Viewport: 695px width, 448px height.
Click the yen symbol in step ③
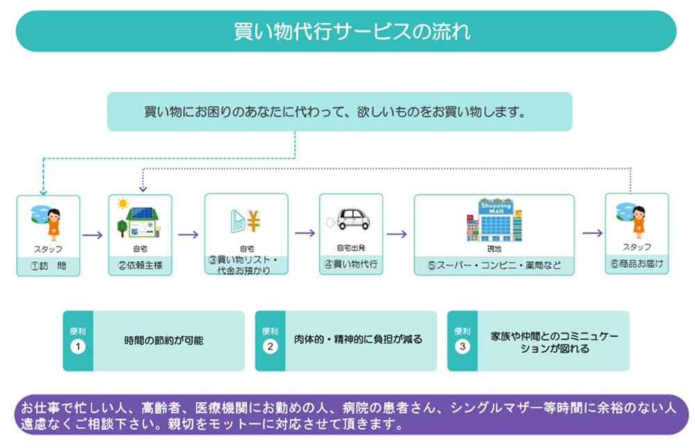(253, 220)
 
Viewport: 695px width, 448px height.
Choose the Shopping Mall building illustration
(494, 220)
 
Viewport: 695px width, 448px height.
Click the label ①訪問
(49, 265)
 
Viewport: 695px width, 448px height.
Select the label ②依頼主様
(140, 265)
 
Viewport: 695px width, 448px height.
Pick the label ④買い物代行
(351, 265)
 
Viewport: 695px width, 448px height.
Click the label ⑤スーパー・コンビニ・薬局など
(494, 265)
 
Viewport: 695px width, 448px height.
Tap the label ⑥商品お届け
(637, 264)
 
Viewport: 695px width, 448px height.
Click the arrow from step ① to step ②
(92, 235)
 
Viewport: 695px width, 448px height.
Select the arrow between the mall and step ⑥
(591, 233)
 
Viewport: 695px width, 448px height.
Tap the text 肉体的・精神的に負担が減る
(357, 340)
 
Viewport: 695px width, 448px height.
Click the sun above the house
(124, 204)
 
